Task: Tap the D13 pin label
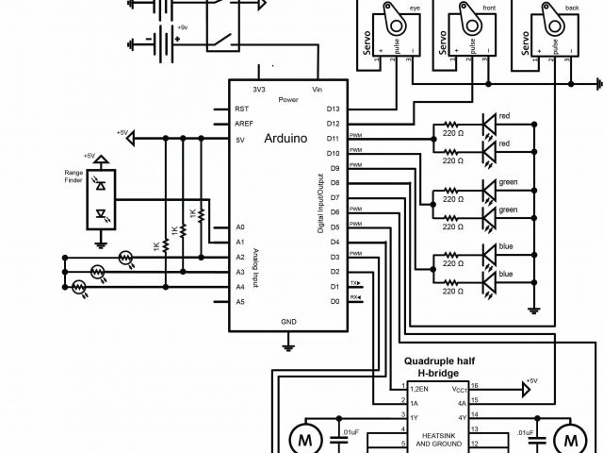(333, 109)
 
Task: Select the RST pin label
(242, 109)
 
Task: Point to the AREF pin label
(244, 124)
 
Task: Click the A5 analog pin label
(240, 301)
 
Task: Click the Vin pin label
(318, 89)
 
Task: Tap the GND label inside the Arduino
(288, 321)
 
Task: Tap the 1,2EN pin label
(419, 387)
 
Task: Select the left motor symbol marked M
(303, 437)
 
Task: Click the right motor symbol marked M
(568, 437)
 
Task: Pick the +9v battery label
(182, 27)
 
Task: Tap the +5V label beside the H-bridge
(532, 380)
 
